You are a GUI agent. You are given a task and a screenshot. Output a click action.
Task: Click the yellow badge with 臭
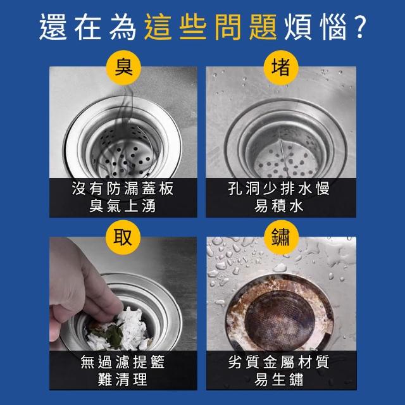tap(123, 68)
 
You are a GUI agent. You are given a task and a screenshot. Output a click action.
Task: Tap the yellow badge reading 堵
tap(281, 68)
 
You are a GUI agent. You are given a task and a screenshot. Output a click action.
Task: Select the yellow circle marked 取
tap(123, 238)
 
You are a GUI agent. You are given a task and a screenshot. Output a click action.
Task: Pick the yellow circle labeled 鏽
tap(281, 238)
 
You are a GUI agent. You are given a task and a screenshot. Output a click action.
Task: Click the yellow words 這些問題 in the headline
tap(211, 27)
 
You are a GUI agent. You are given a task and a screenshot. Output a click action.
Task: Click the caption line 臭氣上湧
tap(123, 206)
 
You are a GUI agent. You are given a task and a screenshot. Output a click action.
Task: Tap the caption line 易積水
tap(279, 206)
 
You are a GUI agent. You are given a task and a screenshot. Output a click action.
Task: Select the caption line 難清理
tap(123, 379)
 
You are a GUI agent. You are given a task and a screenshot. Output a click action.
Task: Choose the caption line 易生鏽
tap(279, 379)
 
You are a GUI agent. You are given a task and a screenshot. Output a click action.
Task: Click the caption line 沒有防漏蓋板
tap(123, 189)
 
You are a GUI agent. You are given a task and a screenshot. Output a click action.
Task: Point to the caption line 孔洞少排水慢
tap(279, 189)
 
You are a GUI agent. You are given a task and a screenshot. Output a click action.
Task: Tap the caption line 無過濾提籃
tap(123, 361)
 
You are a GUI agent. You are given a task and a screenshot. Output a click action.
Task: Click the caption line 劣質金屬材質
tap(279, 361)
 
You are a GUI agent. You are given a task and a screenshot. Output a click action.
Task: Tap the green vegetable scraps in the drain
tap(111, 333)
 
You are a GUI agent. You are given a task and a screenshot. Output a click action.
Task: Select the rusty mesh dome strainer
tap(280, 320)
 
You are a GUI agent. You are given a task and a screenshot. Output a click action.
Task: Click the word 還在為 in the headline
tap(88, 27)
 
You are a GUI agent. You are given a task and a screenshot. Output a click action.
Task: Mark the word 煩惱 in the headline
tap(315, 27)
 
